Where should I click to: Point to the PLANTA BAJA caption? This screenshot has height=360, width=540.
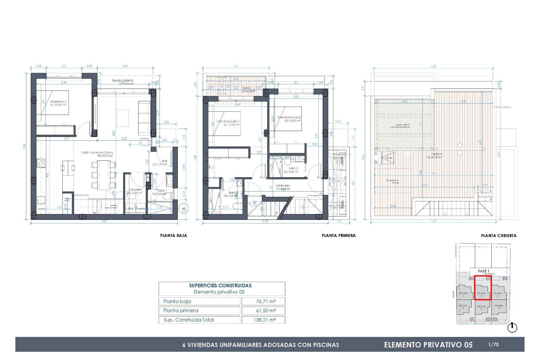(x=174, y=236)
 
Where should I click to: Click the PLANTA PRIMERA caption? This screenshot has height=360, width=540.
(x=339, y=236)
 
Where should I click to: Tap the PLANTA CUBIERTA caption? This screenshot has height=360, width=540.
(x=499, y=236)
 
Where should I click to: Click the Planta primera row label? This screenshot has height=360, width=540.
(x=181, y=310)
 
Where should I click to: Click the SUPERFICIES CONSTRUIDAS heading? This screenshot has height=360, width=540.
(x=220, y=285)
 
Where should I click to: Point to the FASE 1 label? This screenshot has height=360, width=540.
(x=483, y=271)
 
